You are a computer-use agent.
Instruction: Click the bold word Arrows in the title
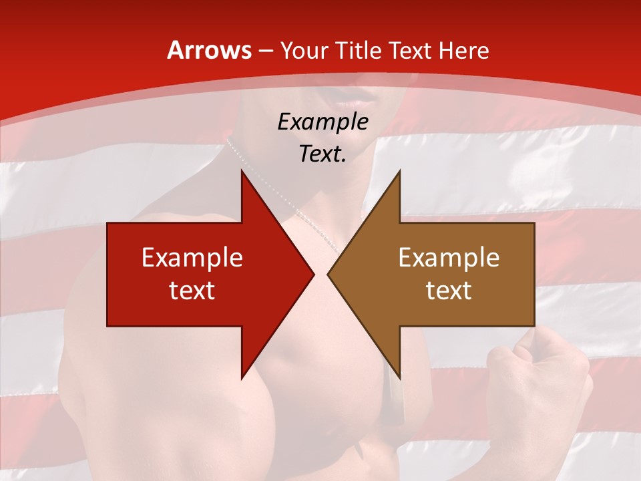coord(209,51)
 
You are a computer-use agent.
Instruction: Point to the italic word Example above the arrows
coord(323,122)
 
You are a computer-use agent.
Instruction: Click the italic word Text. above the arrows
coord(323,154)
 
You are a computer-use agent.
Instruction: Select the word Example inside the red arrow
coord(192,257)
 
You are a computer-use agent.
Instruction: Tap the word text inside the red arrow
coord(192,290)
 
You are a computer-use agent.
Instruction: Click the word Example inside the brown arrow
coord(449,257)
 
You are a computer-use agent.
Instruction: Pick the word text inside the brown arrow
coord(449,290)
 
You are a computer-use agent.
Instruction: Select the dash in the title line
coord(265,51)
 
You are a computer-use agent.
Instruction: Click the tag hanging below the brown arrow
coord(394,401)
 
